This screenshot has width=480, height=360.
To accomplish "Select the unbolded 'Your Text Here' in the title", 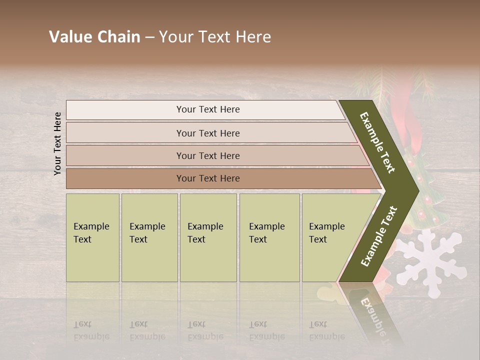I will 215,37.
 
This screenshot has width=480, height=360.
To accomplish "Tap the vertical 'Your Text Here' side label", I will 57,143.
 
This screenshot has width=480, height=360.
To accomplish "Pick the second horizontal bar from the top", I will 207,133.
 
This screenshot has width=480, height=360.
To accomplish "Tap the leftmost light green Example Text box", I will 92,237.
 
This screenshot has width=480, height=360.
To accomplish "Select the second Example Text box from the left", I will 149,237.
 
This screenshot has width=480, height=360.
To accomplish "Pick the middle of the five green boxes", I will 208,237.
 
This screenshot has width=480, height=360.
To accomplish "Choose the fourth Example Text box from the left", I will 269,237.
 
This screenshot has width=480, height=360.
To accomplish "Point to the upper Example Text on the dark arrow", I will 378,142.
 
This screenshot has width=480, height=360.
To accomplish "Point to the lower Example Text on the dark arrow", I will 378,236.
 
